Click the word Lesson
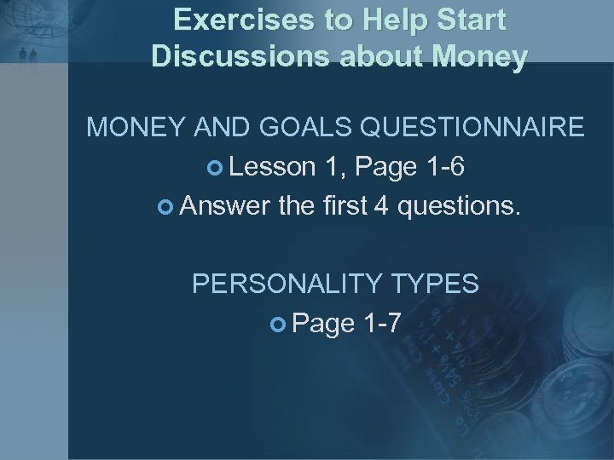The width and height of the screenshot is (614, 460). pyautogui.click(x=269, y=167)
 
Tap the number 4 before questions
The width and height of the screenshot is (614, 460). pyautogui.click(x=378, y=205)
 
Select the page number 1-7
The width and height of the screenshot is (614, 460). pyautogui.click(x=379, y=322)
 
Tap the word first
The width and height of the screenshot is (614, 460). pyautogui.click(x=340, y=205)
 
